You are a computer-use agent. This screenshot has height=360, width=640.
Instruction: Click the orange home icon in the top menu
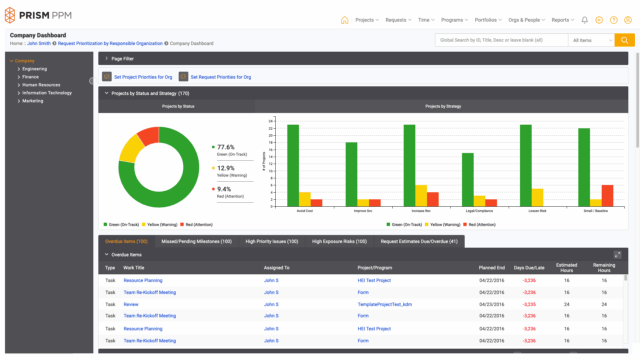click(x=345, y=19)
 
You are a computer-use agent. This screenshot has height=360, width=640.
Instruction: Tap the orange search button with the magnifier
click(x=624, y=40)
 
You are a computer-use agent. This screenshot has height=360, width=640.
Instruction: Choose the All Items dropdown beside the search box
click(x=590, y=40)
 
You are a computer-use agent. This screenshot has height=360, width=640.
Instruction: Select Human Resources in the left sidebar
click(x=39, y=84)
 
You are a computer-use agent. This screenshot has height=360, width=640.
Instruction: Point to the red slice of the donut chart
click(x=149, y=134)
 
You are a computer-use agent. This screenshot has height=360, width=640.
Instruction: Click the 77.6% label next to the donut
click(x=225, y=147)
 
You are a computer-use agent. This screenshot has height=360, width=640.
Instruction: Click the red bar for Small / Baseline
click(x=607, y=194)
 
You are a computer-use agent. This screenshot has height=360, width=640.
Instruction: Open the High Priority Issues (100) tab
click(x=271, y=241)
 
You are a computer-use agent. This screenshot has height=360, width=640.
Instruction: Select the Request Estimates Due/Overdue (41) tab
click(x=419, y=241)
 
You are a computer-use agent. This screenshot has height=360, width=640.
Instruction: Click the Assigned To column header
click(x=277, y=268)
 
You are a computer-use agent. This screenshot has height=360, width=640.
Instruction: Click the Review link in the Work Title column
click(x=131, y=303)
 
